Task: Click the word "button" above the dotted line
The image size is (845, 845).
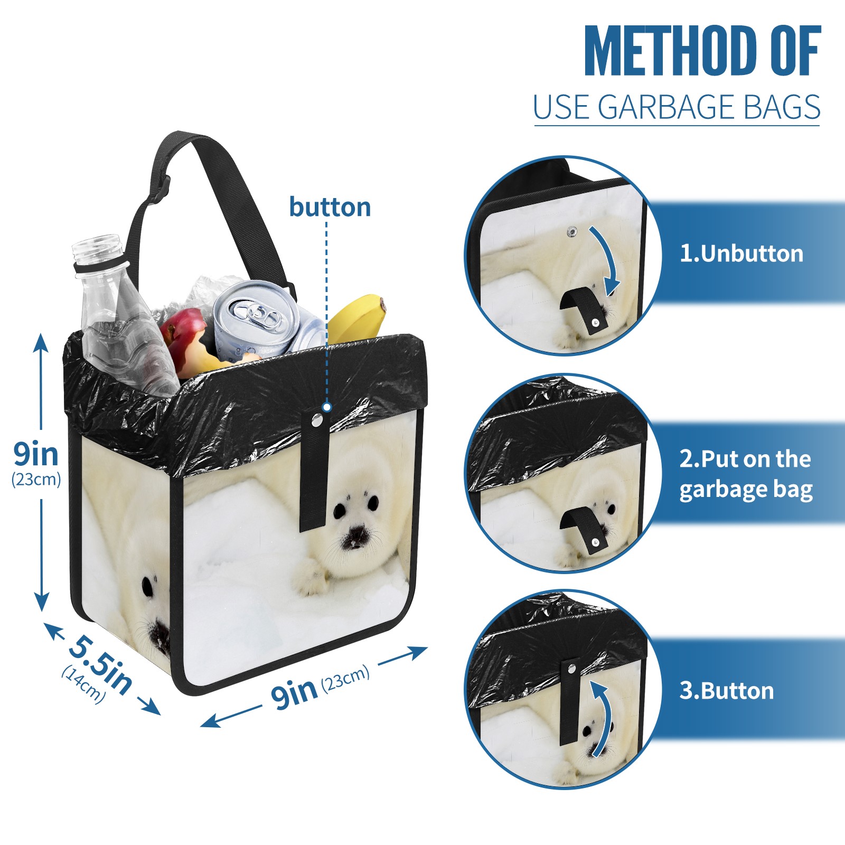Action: [x=330, y=207]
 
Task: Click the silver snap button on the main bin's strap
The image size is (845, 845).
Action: [x=317, y=420]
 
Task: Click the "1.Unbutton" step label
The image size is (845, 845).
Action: [x=741, y=254]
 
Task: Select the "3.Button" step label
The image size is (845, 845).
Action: [x=727, y=691]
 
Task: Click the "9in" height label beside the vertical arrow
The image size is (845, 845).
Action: [x=36, y=454]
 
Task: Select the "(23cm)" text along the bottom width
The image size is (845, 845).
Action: [x=345, y=678]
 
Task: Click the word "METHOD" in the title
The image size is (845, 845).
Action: [x=671, y=51]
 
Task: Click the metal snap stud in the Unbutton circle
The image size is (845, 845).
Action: [x=571, y=231]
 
